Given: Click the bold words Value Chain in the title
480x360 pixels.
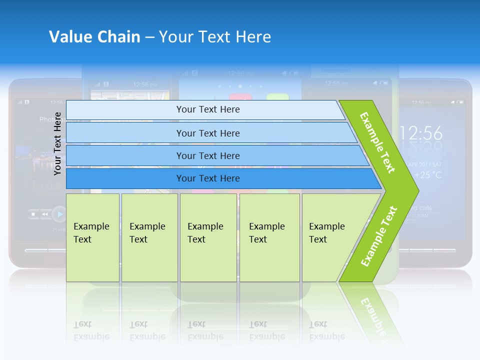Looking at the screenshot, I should [x=94, y=37].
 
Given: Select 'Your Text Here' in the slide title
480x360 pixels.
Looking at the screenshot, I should [x=215, y=37].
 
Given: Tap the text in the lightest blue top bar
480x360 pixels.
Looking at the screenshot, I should [x=208, y=109].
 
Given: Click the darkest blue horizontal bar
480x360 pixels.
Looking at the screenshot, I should [x=208, y=178].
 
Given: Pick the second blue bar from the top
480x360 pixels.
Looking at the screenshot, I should [x=208, y=133].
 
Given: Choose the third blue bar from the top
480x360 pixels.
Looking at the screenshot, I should [x=208, y=156].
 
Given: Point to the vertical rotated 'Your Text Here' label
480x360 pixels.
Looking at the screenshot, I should [x=58, y=143].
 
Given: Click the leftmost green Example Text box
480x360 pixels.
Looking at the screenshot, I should [x=92, y=237].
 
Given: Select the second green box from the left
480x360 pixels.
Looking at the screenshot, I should [x=149, y=237].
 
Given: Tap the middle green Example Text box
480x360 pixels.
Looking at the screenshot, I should [x=208, y=237].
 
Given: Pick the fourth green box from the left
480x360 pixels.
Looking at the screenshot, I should [x=269, y=237].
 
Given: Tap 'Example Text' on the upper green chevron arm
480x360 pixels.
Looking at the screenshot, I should [x=377, y=142].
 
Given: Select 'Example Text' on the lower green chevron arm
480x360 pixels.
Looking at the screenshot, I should [x=378, y=236].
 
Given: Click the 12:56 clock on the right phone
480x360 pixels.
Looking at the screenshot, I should [x=421, y=133].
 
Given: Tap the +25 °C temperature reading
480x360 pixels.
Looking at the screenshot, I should [x=426, y=175].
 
